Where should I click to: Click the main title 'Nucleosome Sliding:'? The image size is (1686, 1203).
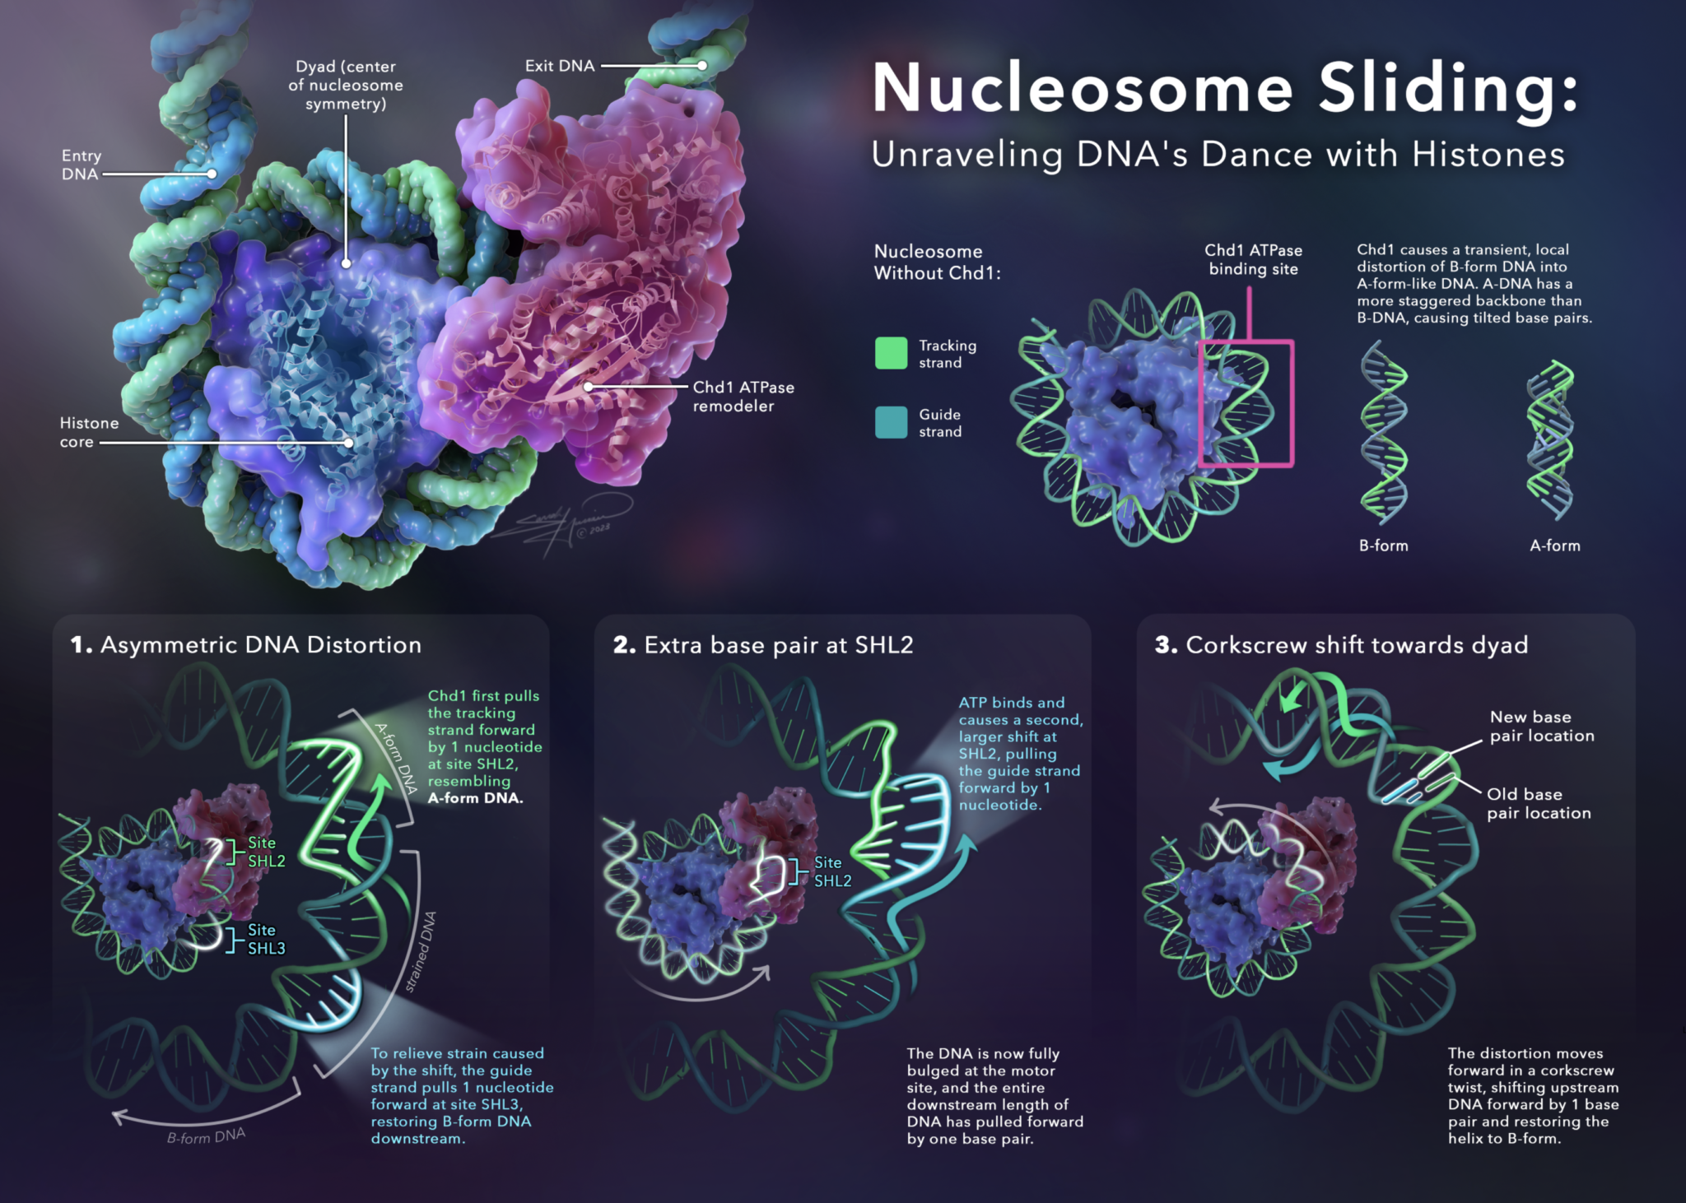1225,89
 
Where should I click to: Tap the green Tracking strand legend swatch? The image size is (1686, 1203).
891,353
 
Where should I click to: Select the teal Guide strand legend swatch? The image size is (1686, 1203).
891,422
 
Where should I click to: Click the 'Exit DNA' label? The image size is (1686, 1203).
560,66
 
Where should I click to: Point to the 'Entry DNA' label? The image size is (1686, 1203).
81,165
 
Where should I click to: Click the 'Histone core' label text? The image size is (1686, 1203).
88,432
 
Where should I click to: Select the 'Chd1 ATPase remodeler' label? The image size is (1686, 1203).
743,396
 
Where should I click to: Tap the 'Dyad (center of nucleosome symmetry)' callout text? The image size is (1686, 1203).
346,85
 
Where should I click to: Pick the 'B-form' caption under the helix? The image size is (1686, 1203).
1383,546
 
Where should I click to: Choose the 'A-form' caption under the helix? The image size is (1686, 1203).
1554,546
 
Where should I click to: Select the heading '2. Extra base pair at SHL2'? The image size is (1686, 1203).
763,644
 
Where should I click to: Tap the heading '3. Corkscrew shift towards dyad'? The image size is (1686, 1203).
1341,644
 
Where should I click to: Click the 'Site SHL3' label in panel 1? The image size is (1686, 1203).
266,939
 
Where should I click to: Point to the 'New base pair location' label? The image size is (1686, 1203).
1541,726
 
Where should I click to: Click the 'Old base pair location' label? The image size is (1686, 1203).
1538,803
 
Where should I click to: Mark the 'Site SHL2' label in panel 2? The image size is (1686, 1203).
832,871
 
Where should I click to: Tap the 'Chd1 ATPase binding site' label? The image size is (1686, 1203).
1253,259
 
